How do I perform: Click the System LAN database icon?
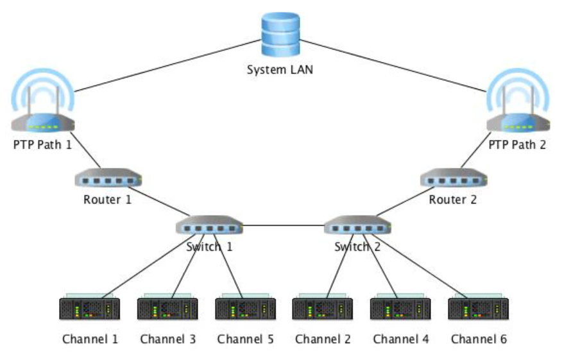[x=280, y=37]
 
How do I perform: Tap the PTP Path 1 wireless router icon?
[x=42, y=109]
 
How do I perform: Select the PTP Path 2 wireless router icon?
[x=517, y=109]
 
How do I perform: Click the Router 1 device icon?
[x=108, y=177]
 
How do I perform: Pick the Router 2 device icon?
[x=453, y=177]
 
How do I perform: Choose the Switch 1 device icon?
[x=210, y=226]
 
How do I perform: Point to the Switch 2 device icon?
[x=357, y=226]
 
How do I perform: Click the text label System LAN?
[x=280, y=69]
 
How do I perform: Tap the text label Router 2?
[x=453, y=200]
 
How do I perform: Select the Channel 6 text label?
[x=479, y=339]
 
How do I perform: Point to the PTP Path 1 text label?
[x=42, y=144]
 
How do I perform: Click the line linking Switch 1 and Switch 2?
[x=284, y=225]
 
